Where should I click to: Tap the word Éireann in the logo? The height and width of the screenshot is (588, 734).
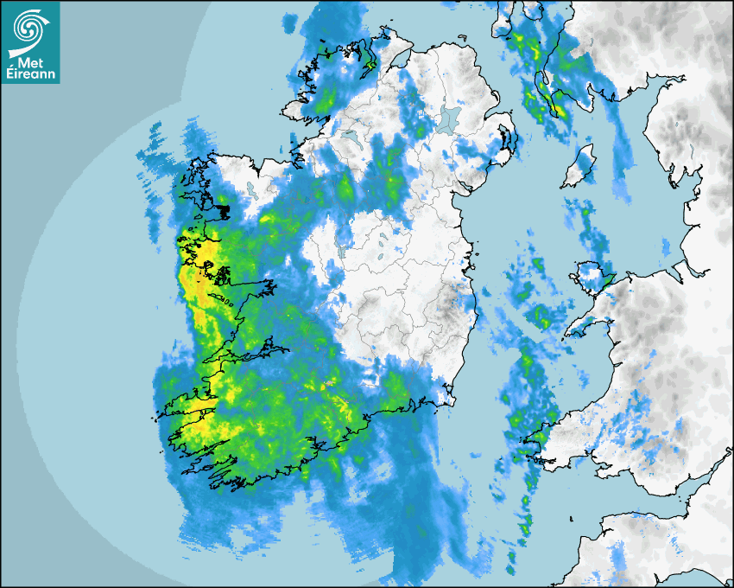[29, 73]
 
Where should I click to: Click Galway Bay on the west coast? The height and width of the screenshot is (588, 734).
[233, 298]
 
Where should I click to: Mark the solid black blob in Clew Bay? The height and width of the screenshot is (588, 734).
[223, 208]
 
